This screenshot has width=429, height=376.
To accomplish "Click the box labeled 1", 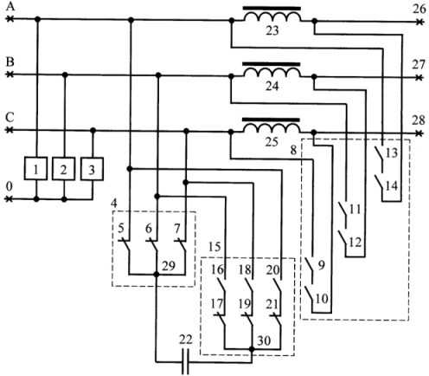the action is click(35, 169).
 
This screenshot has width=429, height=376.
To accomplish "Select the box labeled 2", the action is click(64, 169).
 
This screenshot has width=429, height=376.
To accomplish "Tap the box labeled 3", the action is click(92, 169).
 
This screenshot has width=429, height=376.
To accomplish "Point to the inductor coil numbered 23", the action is click(272, 16).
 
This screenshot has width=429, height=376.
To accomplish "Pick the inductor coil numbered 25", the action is click(272, 127).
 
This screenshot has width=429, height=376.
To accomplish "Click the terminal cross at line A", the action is click(10, 19).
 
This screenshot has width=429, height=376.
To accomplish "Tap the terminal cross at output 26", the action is click(419, 22).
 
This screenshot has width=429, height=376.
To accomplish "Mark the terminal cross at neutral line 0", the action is click(10, 199).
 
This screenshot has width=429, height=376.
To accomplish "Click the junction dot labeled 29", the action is click(157, 275).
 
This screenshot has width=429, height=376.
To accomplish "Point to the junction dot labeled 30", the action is click(252, 349).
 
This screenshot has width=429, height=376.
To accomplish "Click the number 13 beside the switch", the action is click(392, 153).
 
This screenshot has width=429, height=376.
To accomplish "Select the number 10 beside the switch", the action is click(322, 298).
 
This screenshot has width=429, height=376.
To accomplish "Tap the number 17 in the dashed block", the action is click(217, 304).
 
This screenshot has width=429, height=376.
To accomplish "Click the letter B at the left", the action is click(10, 62).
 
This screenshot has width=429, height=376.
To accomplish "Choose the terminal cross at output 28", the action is click(419, 133).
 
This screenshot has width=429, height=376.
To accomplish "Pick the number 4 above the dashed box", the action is click(114, 204).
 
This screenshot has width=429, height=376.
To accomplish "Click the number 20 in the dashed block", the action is click(272, 270).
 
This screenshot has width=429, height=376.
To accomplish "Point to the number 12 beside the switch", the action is click(355, 243).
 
